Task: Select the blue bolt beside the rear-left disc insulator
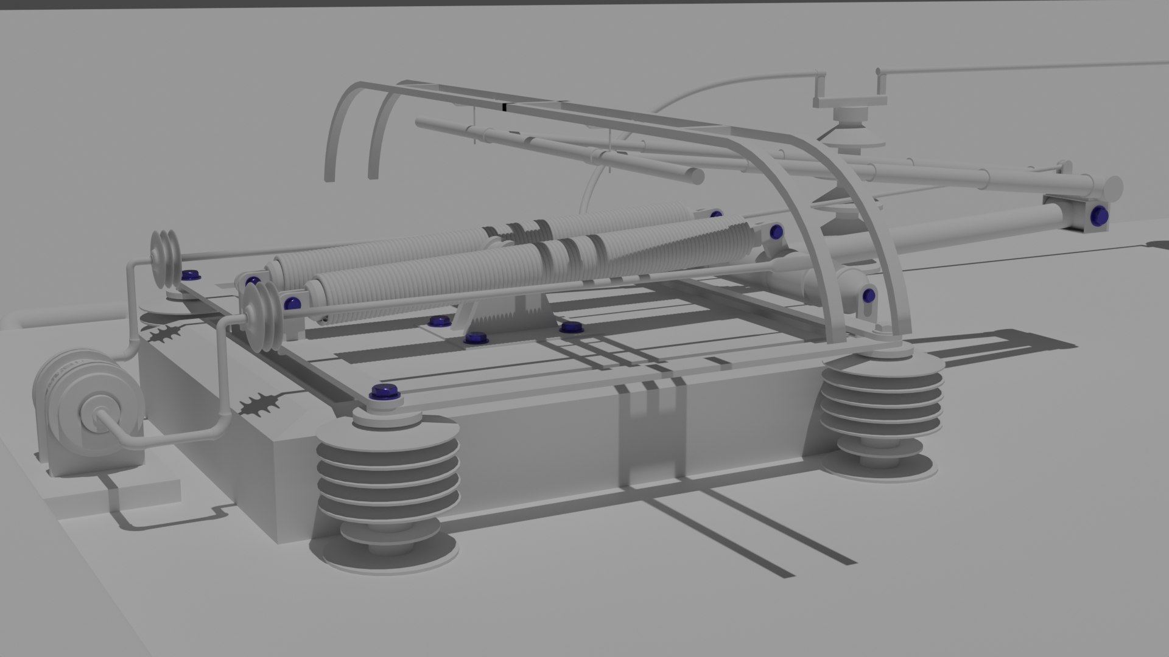click(192, 275)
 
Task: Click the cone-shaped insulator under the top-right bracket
click(852, 137)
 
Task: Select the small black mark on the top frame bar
click(504, 108)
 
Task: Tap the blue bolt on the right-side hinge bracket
click(868, 296)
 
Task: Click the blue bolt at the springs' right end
click(776, 232)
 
